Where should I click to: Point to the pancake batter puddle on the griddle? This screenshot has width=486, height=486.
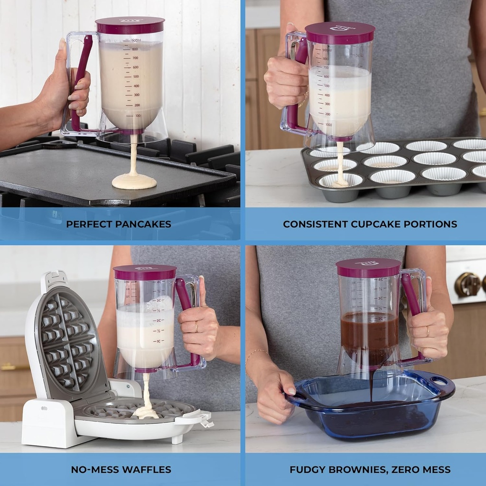click(x=134, y=181)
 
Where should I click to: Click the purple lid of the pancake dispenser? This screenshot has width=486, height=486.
click(x=130, y=25)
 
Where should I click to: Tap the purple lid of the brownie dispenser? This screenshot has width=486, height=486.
click(x=368, y=268)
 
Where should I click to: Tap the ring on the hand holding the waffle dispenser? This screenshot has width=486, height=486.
click(x=196, y=327)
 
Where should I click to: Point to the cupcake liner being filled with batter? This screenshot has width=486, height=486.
click(x=340, y=180)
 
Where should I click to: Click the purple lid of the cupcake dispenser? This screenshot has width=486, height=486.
click(x=340, y=33)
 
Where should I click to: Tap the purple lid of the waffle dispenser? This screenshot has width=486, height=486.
click(x=145, y=272)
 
